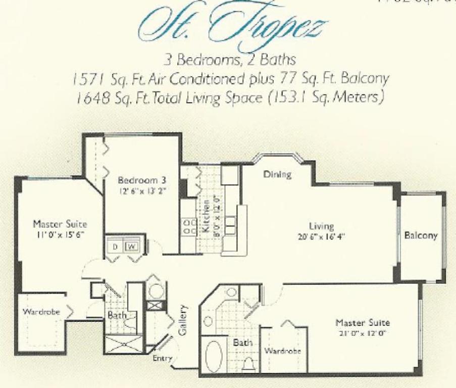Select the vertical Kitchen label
point(206,214)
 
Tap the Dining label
point(278,175)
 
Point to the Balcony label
point(421,235)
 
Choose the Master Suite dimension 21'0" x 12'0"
point(365,332)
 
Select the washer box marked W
point(131,247)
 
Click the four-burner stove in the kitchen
point(189,226)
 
